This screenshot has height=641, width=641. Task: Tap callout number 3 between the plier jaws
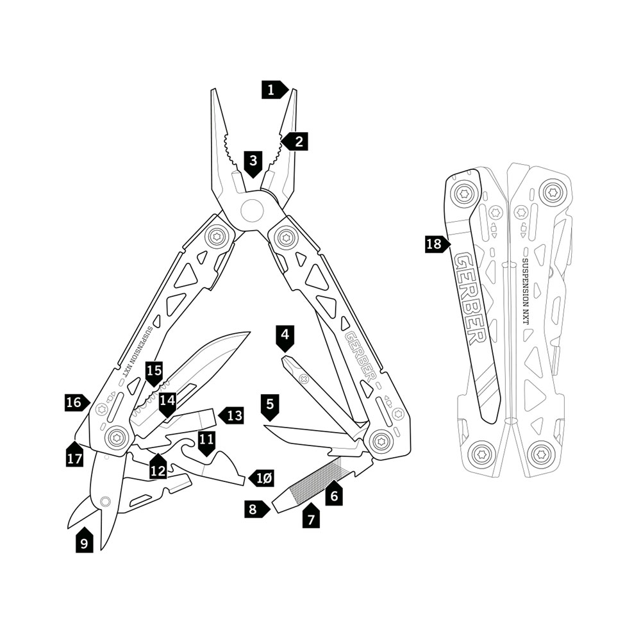254,160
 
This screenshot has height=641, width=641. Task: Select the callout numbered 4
285,335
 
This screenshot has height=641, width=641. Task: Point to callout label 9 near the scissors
84,542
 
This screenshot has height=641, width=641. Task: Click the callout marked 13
233,415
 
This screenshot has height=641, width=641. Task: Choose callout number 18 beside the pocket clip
435,244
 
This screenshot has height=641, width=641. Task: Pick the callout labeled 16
76,403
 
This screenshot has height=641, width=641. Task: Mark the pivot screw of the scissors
104,501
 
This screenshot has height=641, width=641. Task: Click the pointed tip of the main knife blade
248,333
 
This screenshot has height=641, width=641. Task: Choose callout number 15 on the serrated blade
154,371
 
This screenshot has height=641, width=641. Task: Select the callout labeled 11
206,442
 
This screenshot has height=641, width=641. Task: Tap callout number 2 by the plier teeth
296,141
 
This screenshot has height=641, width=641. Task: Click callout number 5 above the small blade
271,404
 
